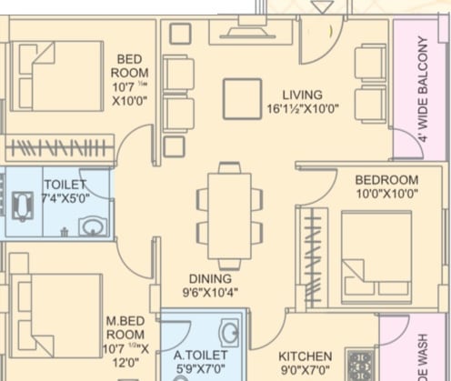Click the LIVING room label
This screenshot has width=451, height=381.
301,94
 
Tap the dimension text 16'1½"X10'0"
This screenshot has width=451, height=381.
303,108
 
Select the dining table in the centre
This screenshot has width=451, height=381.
230,211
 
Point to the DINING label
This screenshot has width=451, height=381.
209,278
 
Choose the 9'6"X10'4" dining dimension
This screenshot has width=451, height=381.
209,293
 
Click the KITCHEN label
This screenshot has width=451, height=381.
306,356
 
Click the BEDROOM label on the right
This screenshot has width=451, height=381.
386,180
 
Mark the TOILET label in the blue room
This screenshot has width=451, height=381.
65,185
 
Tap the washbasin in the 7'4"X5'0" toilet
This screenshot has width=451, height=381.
91,226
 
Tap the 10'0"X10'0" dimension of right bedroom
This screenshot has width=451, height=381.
386,194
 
